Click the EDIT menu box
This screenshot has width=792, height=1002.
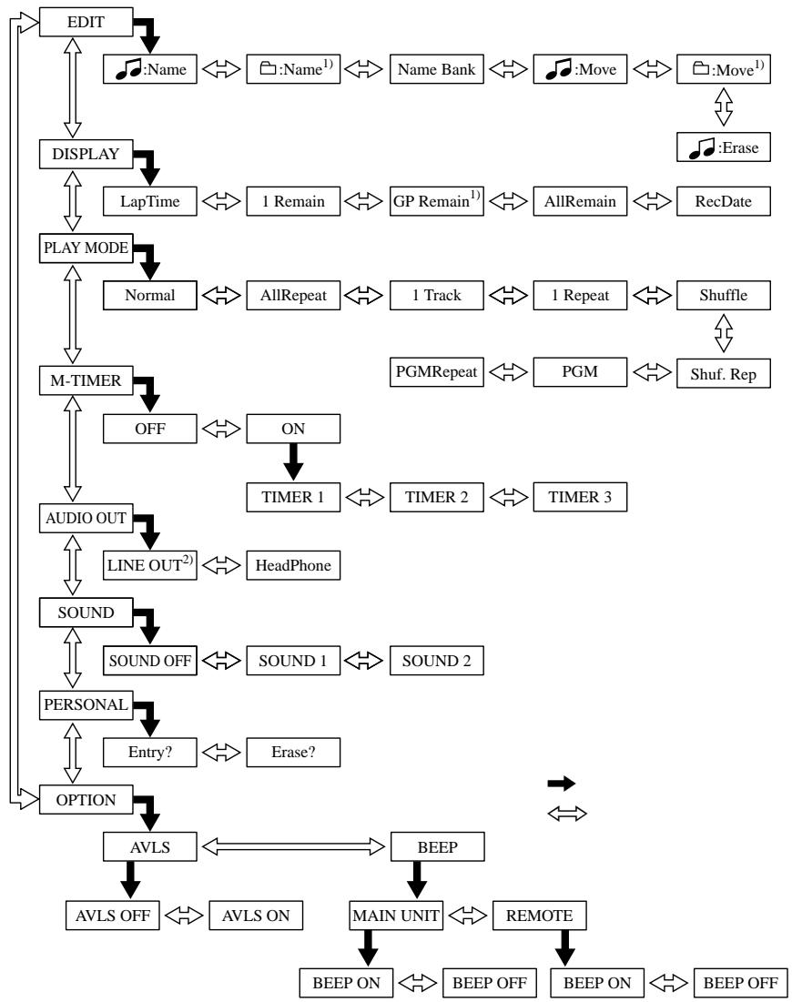pyautogui.click(x=86, y=23)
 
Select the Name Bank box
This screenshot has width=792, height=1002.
pyautogui.click(x=437, y=69)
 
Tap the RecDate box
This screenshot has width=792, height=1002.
pyautogui.click(x=723, y=201)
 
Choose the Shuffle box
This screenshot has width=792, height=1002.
pyautogui.click(x=723, y=295)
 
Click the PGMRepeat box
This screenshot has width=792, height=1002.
pyautogui.click(x=437, y=372)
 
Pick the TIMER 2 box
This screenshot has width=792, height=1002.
pyautogui.click(x=437, y=497)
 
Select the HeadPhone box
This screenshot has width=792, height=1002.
pyautogui.click(x=293, y=565)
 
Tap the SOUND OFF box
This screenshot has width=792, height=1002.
pyautogui.click(x=149, y=661)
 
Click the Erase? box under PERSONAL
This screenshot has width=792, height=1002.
pyautogui.click(x=293, y=752)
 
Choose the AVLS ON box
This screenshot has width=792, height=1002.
pyautogui.click(x=256, y=916)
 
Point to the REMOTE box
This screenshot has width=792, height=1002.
pyautogui.click(x=540, y=916)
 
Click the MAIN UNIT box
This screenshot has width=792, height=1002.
pyautogui.click(x=396, y=916)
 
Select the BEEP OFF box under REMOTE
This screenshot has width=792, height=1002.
pyautogui.click(x=740, y=983)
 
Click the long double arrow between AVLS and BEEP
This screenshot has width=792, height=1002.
pyautogui.click(x=293, y=847)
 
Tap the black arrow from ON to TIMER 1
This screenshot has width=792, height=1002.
pyautogui.click(x=293, y=461)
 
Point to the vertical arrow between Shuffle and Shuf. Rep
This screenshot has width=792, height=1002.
pyautogui.click(x=723, y=333)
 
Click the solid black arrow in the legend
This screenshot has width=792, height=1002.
pyautogui.click(x=562, y=784)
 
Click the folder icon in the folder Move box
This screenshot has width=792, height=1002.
pyautogui.click(x=701, y=67)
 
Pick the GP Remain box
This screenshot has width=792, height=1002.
pyautogui.click(x=437, y=201)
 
